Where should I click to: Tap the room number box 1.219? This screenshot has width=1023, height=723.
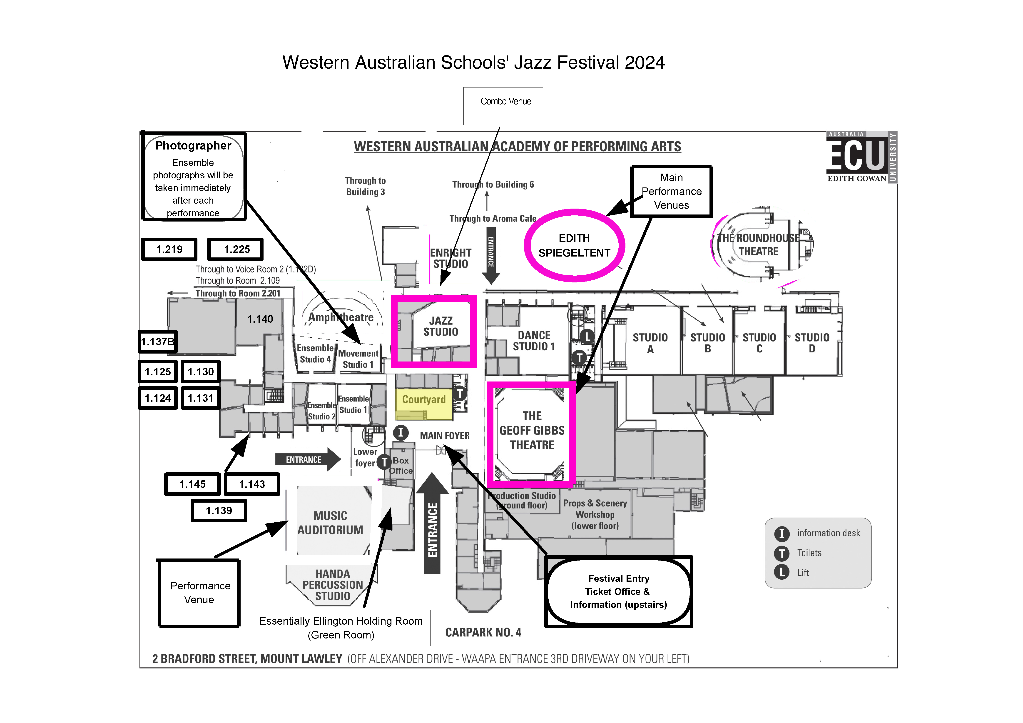pyautogui.click(x=169, y=249)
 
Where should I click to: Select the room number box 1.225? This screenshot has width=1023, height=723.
pyautogui.click(x=236, y=249)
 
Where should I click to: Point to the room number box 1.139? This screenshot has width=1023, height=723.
pyautogui.click(x=219, y=510)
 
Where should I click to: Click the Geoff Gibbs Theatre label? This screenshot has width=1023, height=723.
pyautogui.click(x=532, y=431)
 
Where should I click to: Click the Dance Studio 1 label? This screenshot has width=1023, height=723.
pyautogui.click(x=534, y=341)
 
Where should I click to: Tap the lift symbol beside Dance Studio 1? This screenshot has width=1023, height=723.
pyautogui.click(x=587, y=337)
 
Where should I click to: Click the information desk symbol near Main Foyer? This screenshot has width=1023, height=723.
pyautogui.click(x=401, y=432)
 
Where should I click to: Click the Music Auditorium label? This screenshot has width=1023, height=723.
pyautogui.click(x=330, y=523)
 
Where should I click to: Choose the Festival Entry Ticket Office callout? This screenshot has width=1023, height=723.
pyautogui.click(x=618, y=591)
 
